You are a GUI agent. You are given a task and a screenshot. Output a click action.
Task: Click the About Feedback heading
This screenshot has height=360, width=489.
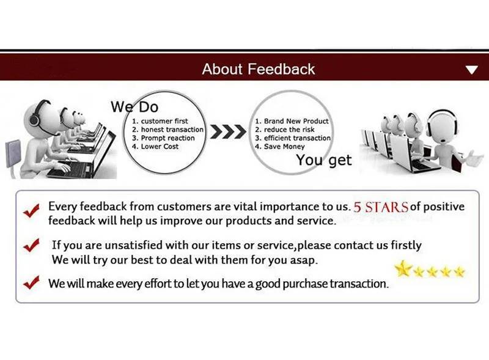pos(259,69)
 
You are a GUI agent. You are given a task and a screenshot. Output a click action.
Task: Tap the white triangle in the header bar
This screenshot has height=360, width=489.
pos(471,70)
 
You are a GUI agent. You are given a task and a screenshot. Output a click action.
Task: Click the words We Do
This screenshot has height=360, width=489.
pos(134,107)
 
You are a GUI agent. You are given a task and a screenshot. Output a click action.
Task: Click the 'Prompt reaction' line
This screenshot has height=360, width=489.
pos(164,138)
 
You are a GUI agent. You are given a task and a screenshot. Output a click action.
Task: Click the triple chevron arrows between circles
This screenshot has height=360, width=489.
pos(228,133)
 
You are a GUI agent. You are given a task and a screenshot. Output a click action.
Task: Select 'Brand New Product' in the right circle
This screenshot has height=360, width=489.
pos(292,122)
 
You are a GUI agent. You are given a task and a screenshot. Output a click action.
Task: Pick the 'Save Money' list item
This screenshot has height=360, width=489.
pos(281,147)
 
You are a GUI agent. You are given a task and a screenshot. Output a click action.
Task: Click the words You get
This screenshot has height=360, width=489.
pos(324,160)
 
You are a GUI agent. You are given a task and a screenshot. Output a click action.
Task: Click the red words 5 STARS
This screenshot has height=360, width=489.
pos(380,207)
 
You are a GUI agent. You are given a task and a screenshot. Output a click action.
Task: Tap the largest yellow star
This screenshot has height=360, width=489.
pos(403,268)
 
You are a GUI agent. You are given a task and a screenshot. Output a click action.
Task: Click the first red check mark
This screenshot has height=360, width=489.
pos(32,210)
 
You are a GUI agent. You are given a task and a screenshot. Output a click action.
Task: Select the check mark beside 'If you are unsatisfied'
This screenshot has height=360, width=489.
pos(31,246)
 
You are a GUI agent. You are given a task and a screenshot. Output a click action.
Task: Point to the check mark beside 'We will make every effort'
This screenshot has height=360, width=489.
pos(31,283)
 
